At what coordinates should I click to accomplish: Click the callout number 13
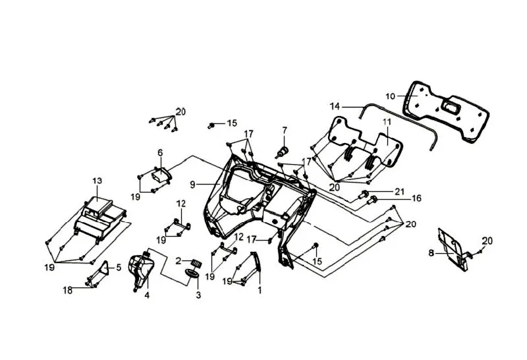(97, 181)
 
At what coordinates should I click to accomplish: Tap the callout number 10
(391, 96)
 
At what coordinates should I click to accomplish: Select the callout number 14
(335, 106)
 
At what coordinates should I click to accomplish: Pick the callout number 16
(416, 198)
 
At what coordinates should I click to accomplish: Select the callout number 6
(159, 153)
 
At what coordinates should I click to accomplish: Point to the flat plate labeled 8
(455, 247)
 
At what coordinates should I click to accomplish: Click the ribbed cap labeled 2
(194, 262)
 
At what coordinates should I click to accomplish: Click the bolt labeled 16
(374, 198)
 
